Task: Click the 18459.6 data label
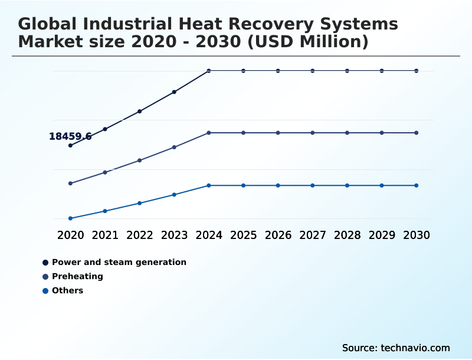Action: click(70, 136)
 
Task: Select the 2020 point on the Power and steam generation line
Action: click(70, 145)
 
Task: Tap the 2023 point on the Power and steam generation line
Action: click(174, 92)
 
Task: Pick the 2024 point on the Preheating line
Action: click(209, 133)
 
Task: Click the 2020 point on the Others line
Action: click(70, 218)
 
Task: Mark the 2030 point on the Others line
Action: click(417, 185)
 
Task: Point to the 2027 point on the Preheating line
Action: click(313, 133)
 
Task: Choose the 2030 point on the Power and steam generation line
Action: click(417, 71)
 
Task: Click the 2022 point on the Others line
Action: click(140, 203)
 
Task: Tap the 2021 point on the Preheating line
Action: click(105, 172)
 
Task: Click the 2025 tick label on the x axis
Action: click(244, 235)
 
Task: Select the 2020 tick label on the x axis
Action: click(70, 235)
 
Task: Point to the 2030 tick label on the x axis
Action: click(417, 235)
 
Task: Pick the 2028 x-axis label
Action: click(347, 235)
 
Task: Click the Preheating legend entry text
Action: click(78, 276)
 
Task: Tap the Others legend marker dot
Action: click(45, 291)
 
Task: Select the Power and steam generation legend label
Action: click(119, 262)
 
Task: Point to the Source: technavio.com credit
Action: click(396, 348)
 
